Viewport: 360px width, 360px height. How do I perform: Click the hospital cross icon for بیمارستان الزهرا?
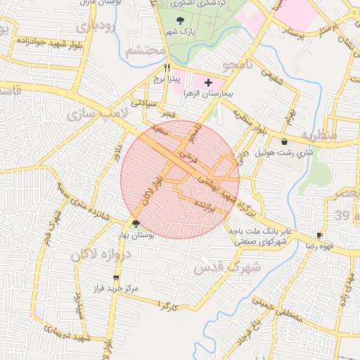pyautogui.click(x=207, y=83)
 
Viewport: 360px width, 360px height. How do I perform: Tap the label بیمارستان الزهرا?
pyautogui.click(x=207, y=94)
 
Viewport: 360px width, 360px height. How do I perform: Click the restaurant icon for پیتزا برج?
pyautogui.click(x=167, y=68)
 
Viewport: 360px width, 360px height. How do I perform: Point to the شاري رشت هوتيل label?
pyautogui.click(x=284, y=152)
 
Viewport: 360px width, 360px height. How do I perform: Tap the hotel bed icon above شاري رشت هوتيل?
pyautogui.click(x=284, y=141)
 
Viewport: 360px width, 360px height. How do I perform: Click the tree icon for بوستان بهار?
pyautogui.click(x=136, y=224)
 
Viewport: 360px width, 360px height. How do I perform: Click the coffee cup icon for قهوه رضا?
pyautogui.click(x=320, y=236)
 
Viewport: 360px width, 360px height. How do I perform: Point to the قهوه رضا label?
pyautogui.click(x=318, y=245)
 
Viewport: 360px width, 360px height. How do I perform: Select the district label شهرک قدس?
pyautogui.click(x=227, y=268)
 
